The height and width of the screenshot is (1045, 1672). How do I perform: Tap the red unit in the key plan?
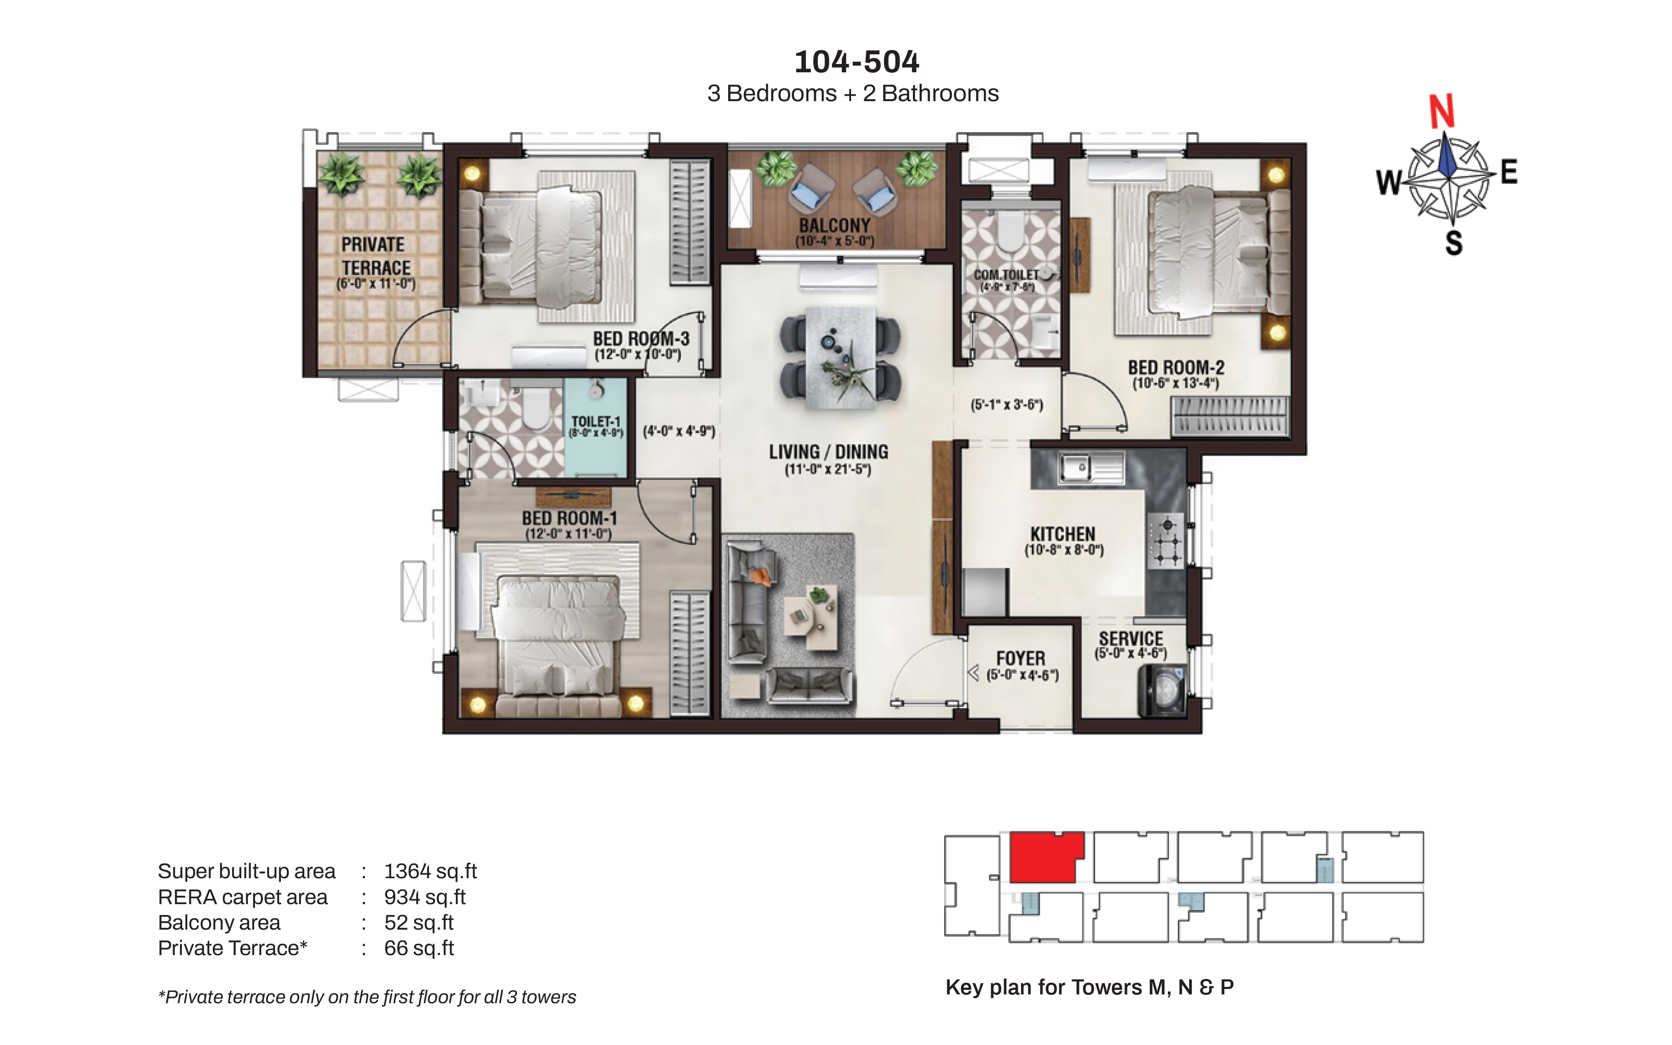1046,857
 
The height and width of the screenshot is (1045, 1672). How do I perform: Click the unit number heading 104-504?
857,62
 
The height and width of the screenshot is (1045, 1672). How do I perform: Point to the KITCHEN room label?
1063,534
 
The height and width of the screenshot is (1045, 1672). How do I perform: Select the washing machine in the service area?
1162,690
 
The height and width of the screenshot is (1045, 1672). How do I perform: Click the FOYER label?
1020,659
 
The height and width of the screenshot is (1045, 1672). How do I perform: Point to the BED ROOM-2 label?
1176,368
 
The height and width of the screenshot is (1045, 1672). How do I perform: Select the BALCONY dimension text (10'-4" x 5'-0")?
835,241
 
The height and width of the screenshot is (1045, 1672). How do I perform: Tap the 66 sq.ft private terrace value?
419,948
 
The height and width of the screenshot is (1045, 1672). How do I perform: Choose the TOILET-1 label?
596,422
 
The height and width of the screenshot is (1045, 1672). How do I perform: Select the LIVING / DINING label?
828,452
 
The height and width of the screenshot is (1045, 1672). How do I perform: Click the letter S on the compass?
1454,243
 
